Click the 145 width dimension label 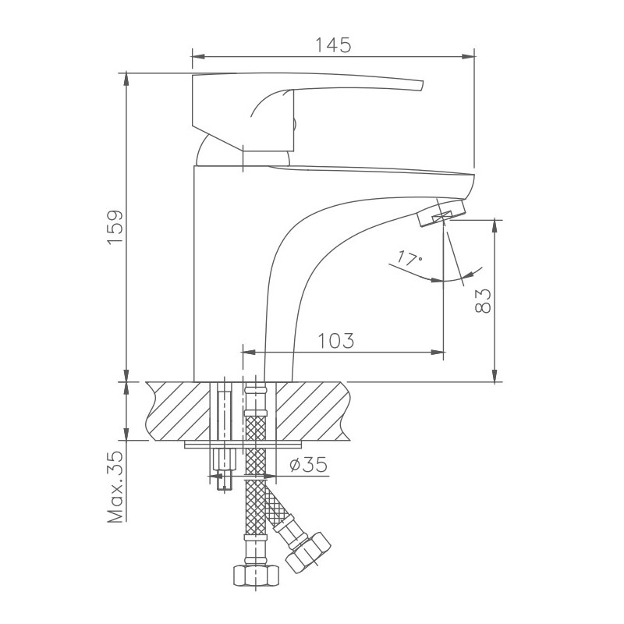pyautogui.click(x=332, y=44)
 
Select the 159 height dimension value pyautogui.click(x=115, y=227)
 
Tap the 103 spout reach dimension pyautogui.click(x=336, y=341)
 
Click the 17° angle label pyautogui.click(x=409, y=257)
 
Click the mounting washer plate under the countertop pyautogui.click(x=242, y=445)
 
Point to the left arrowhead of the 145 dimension pyautogui.click(x=197, y=56)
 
